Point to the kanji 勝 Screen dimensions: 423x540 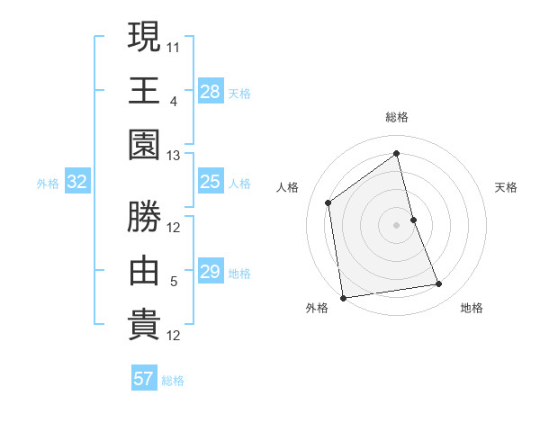tap(144, 216)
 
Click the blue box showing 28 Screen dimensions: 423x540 tap(210, 91)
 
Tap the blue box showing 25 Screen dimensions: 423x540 tap(210, 183)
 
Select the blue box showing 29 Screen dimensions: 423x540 tap(210, 272)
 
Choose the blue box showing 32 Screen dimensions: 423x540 tap(76, 183)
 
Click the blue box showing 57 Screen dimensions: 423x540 tap(143, 379)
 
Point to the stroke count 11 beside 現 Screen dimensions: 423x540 tap(174, 45)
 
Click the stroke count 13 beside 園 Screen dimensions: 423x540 tap(174, 156)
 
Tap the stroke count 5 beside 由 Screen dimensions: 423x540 tap(174, 282)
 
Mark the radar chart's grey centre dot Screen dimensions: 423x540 tap(396, 224)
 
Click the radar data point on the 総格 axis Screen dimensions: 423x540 tap(397, 154)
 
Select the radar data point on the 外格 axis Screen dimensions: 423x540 tap(343, 297)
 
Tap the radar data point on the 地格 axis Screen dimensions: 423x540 tap(439, 284)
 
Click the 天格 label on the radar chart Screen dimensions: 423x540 tap(507, 187)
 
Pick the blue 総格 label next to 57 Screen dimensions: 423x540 tap(173, 380)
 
